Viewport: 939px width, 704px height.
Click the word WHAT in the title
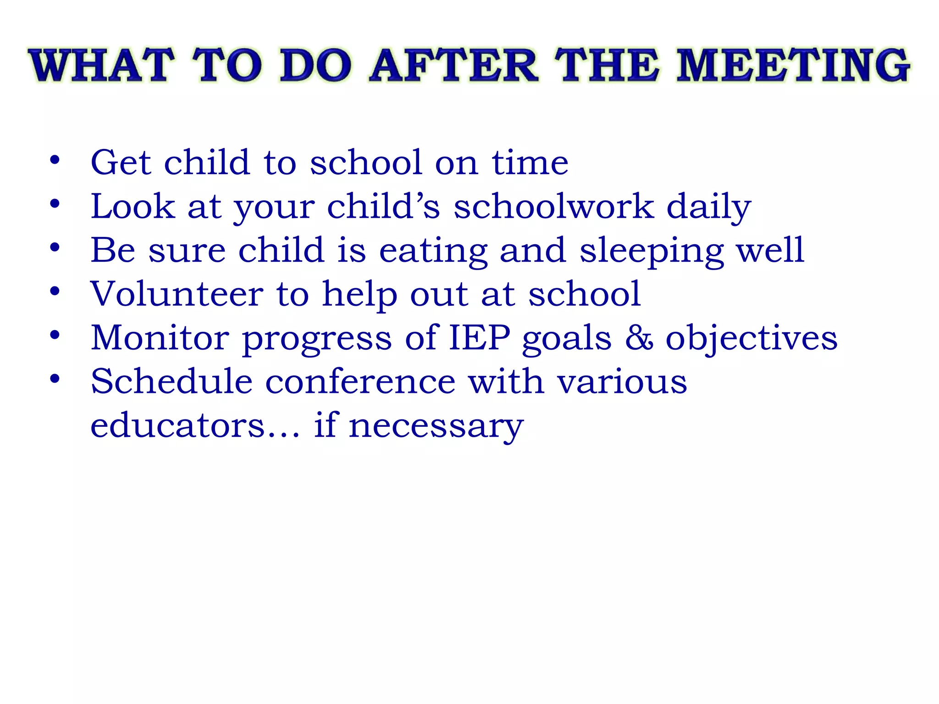[102, 66]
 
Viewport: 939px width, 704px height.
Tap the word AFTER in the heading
[453, 66]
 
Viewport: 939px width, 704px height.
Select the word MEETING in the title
[794, 66]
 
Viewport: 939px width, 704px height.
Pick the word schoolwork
[554, 206]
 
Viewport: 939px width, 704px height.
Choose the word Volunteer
[177, 294]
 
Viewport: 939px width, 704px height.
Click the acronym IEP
[480, 338]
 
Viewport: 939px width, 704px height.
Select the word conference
[360, 381]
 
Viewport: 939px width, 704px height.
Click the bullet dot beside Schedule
[55, 379]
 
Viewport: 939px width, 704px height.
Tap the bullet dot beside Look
[55, 203]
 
